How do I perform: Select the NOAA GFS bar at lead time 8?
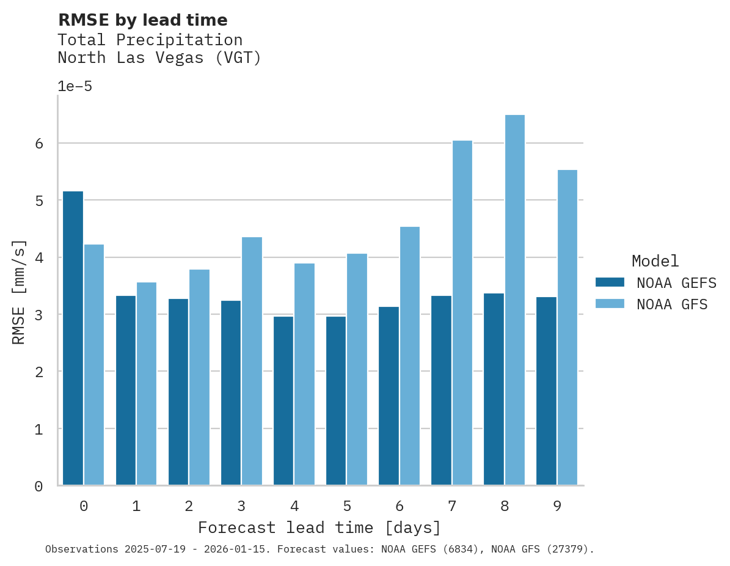[515, 300]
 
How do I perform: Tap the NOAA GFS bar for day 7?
[462, 313]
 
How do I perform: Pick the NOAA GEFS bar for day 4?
[283, 400]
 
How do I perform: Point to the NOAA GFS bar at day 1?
[147, 384]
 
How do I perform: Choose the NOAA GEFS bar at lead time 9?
[546, 391]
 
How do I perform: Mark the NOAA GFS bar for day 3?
[252, 361]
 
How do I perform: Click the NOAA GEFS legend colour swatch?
[610, 282]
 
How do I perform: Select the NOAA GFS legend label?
[672, 304]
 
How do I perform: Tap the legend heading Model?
[655, 262]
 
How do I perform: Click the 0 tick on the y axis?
[38, 487]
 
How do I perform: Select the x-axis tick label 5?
[347, 507]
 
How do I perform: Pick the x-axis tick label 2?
[189, 507]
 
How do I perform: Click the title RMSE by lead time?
[142, 20]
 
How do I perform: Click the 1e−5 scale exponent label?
[75, 87]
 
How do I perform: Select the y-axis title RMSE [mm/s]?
[19, 292]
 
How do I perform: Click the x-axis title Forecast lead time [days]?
[319, 527]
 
